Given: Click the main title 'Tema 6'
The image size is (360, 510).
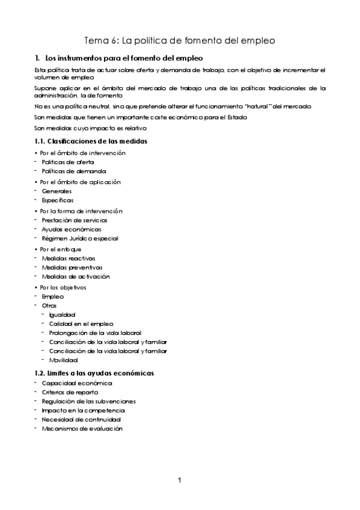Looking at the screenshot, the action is pyautogui.click(x=180, y=41).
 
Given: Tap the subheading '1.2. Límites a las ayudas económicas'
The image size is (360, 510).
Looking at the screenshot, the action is pyautogui.click(x=94, y=373).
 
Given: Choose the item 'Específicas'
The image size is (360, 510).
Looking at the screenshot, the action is pyautogui.click(x=58, y=200).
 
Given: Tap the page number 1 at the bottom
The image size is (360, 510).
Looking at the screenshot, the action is pyautogui.click(x=180, y=480).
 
